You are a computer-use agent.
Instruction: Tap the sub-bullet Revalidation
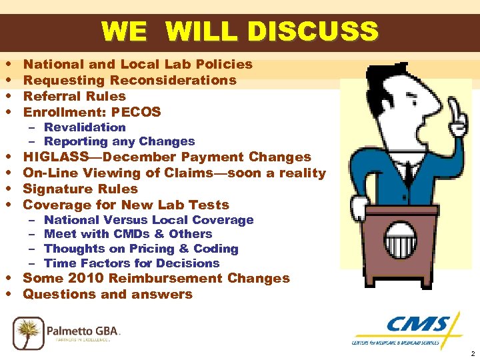tap(85, 127)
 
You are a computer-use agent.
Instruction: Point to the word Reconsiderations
tap(173, 80)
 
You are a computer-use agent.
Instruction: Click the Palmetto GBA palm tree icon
tap(28, 331)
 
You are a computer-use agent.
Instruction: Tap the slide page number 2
tap(472, 354)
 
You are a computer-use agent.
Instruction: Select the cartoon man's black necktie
tap(406, 177)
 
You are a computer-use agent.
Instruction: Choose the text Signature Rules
tap(80, 189)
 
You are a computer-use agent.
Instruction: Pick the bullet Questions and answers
tap(107, 295)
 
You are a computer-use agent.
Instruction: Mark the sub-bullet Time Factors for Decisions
tap(131, 263)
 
